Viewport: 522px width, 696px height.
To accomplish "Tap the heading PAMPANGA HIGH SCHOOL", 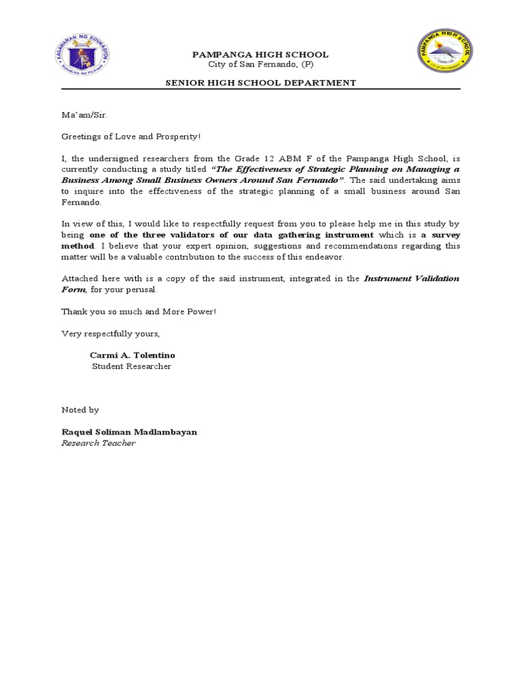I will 261,54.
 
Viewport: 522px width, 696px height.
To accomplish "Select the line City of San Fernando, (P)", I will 261,65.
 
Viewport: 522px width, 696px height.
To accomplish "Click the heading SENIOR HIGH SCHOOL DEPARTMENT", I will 261,83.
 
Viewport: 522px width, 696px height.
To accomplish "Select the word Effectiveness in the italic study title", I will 259,169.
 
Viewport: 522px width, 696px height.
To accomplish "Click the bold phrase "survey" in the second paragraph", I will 445,235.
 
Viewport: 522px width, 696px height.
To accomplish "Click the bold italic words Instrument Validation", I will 411,279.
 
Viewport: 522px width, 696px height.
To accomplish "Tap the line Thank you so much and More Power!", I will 139,311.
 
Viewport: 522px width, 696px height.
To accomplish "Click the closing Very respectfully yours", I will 111,334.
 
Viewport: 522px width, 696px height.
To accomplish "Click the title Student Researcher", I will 132,367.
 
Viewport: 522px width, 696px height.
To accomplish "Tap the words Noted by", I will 80,410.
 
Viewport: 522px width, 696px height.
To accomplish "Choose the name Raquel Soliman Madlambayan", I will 129,432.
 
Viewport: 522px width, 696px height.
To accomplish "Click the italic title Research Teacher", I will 99,443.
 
